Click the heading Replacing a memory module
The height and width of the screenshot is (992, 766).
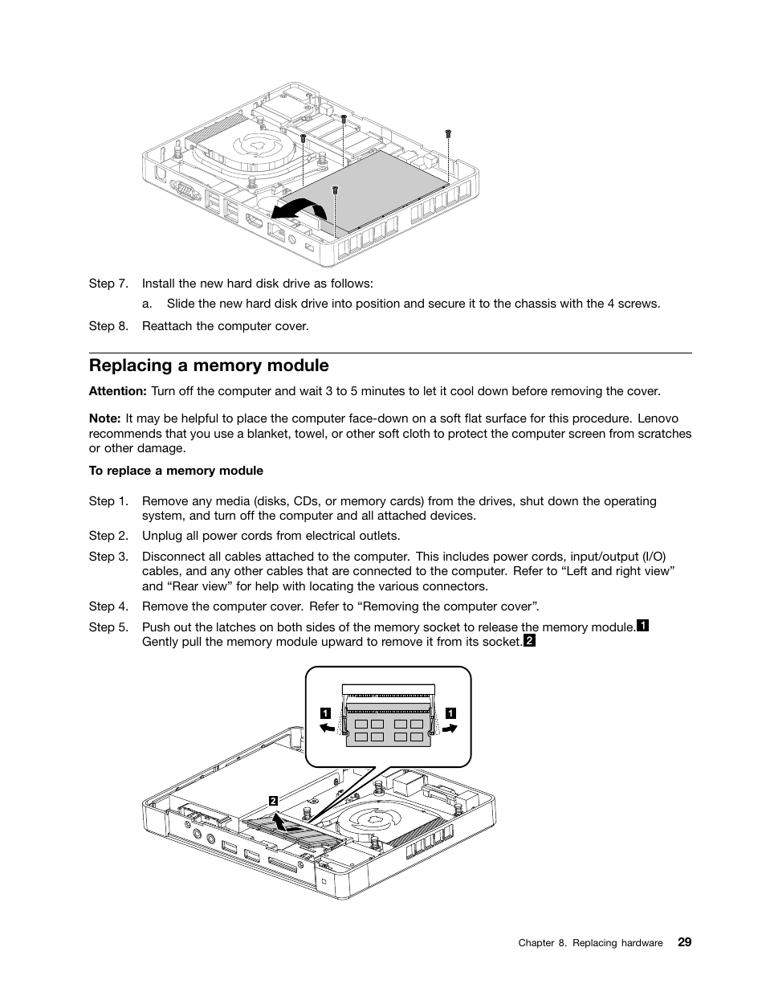click(x=209, y=365)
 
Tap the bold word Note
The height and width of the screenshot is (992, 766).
click(x=104, y=418)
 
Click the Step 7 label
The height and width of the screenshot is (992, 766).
click(x=108, y=284)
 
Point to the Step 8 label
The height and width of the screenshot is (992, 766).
click(x=108, y=325)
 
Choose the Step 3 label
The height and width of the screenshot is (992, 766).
click(x=108, y=556)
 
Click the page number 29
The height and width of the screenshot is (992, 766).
click(x=684, y=942)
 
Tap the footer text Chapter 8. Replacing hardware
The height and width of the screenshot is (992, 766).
click(x=590, y=943)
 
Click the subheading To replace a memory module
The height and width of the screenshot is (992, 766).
click(x=176, y=471)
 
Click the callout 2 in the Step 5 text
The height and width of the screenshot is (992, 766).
click(x=529, y=641)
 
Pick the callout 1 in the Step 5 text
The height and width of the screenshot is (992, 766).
click(x=642, y=626)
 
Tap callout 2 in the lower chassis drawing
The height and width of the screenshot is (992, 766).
click(x=273, y=801)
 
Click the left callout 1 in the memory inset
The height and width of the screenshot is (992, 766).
click(x=325, y=712)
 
